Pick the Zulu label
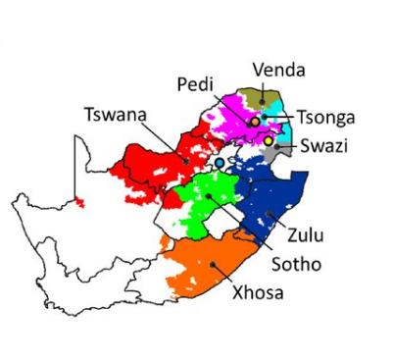tap(305, 234)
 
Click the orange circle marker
tap(255, 121)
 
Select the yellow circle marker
tap(270, 140)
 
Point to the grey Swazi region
tap(270, 155)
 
